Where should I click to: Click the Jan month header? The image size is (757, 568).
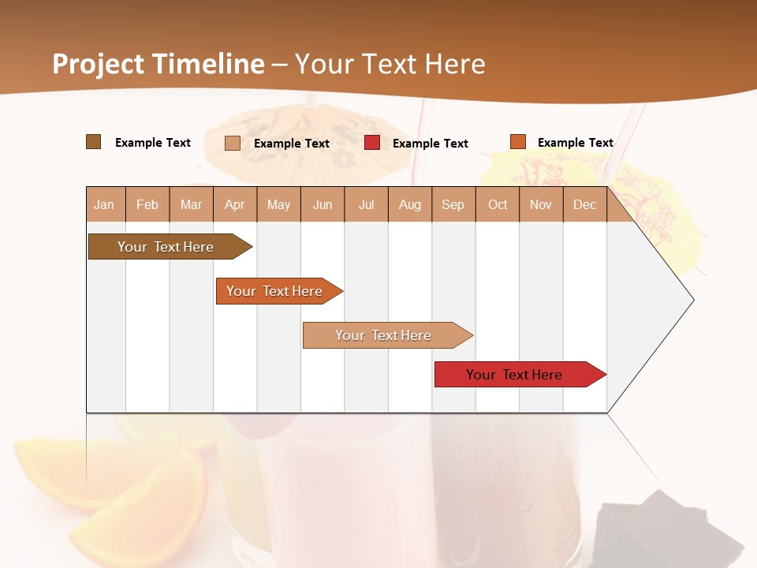tap(104, 204)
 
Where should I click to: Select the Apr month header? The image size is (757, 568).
tap(234, 204)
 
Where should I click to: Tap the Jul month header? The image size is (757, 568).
tap(366, 204)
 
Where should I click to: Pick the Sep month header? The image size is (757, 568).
tap(453, 204)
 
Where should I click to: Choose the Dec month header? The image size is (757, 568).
tap(584, 204)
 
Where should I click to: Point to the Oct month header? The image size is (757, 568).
tap(498, 204)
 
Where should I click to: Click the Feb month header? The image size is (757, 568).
tap(147, 204)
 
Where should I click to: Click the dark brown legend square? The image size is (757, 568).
tap(94, 142)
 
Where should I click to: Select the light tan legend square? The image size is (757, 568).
tap(233, 143)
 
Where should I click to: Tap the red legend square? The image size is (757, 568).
tap(372, 143)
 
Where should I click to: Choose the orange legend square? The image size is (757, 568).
tap(518, 142)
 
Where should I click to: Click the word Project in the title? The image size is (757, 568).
tap(99, 64)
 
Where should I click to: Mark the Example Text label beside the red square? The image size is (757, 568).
tap(430, 144)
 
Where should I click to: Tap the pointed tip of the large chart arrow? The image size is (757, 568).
tap(692, 300)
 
